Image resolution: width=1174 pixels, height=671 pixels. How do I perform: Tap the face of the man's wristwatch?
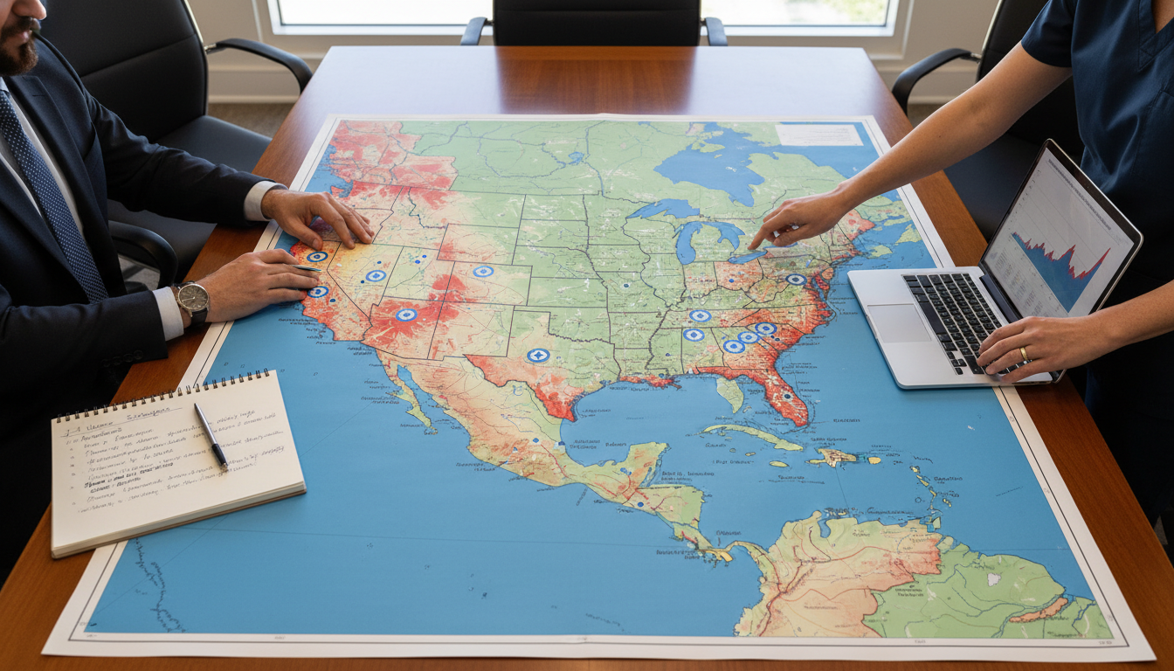193,298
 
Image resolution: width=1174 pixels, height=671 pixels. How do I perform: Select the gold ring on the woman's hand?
1024,354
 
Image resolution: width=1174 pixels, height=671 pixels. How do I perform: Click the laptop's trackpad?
899,322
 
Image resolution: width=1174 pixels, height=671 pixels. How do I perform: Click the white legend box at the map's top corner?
818,135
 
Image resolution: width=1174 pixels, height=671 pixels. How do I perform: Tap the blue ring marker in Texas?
538,355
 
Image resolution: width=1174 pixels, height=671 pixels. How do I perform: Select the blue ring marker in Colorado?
483,272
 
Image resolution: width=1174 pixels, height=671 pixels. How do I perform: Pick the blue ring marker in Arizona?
405,315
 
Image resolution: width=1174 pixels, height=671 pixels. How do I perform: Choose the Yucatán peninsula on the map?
646,458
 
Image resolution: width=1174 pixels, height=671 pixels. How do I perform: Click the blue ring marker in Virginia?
796,280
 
